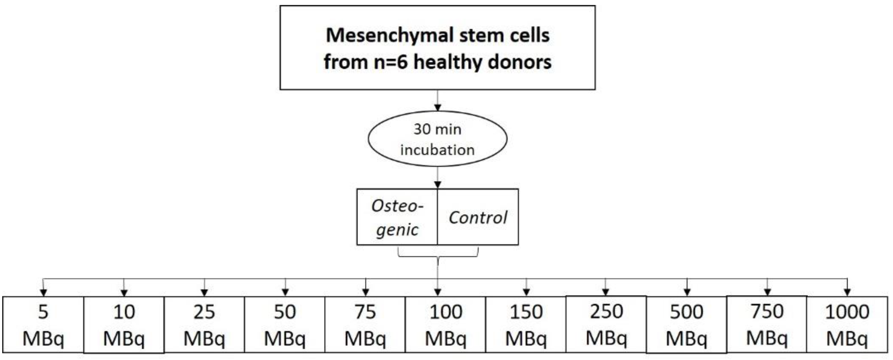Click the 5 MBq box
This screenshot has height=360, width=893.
(43, 325)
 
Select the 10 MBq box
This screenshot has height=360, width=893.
(124, 325)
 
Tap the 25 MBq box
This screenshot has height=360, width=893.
(204, 325)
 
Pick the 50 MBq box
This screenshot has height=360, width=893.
(285, 325)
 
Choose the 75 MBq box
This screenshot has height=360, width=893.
(365, 325)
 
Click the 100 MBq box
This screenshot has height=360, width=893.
(446, 325)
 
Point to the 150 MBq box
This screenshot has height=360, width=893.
(526, 325)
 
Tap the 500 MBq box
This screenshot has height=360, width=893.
(686, 325)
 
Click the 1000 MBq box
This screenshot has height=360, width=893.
(847, 325)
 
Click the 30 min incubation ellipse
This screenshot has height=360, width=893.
(437, 139)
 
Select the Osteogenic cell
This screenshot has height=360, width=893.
(397, 217)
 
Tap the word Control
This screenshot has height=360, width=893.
(478, 217)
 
